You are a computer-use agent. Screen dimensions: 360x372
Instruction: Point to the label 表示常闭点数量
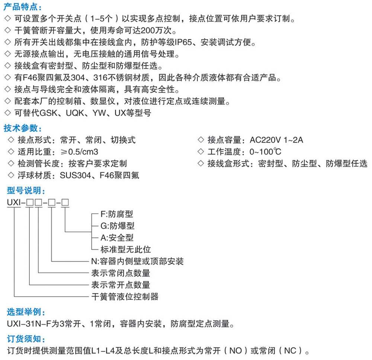pos(121,273)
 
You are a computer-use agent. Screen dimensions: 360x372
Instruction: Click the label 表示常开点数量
pos(121,285)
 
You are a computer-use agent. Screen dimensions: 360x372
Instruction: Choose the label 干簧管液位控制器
pos(125,296)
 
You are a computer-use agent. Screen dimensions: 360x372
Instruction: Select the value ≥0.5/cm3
pos(80,152)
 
